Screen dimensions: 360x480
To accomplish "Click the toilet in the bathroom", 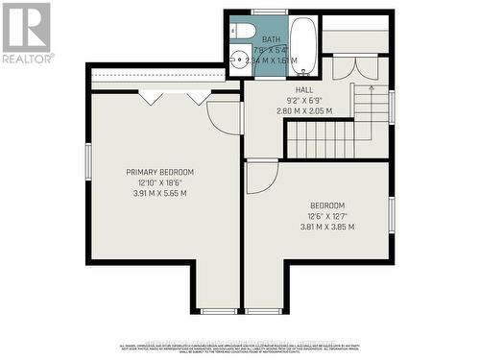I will [245, 29].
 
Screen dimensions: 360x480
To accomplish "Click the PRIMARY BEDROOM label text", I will [159, 172].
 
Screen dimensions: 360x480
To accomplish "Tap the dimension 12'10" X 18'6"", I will [159, 182].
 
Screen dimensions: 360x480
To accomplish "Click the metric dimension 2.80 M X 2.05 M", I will [303, 110].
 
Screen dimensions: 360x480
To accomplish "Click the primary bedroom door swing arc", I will [225, 118].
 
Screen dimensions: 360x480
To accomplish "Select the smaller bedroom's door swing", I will [260, 178].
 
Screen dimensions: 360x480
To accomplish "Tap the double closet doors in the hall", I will [343, 70].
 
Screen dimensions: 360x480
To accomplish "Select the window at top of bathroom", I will [270, 12].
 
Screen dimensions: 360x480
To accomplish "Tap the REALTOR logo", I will [26, 33].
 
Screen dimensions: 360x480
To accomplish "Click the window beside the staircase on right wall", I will [392, 106].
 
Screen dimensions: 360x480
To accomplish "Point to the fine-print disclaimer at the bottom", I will [240, 348].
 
